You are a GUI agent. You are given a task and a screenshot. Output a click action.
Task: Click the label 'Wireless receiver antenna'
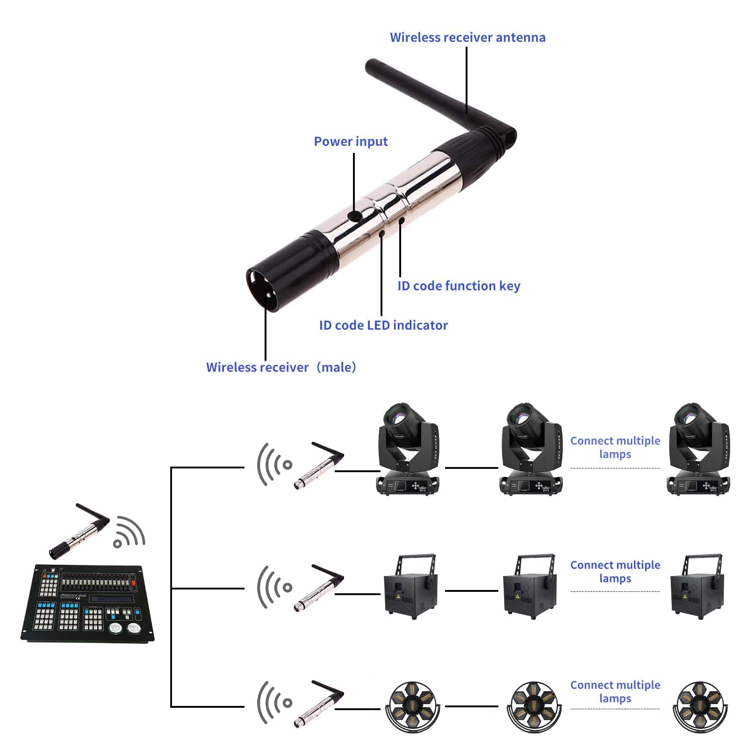(467, 37)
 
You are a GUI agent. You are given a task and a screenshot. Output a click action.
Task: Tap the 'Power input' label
(351, 141)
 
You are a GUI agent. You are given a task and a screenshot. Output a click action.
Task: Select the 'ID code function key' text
(459, 286)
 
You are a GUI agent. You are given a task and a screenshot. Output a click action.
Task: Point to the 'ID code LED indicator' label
(383, 325)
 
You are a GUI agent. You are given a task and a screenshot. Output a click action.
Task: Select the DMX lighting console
(87, 603)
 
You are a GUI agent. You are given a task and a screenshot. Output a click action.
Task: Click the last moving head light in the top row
(698, 449)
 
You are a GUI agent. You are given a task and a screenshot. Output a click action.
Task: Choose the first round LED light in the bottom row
(412, 706)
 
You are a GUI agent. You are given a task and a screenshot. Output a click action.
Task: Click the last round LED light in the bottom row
(700, 706)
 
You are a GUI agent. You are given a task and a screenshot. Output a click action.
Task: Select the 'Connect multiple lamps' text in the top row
(615, 447)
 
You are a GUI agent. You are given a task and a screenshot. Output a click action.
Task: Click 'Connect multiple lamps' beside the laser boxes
(615, 571)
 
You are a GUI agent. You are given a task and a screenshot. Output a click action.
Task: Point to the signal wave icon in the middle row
(274, 587)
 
